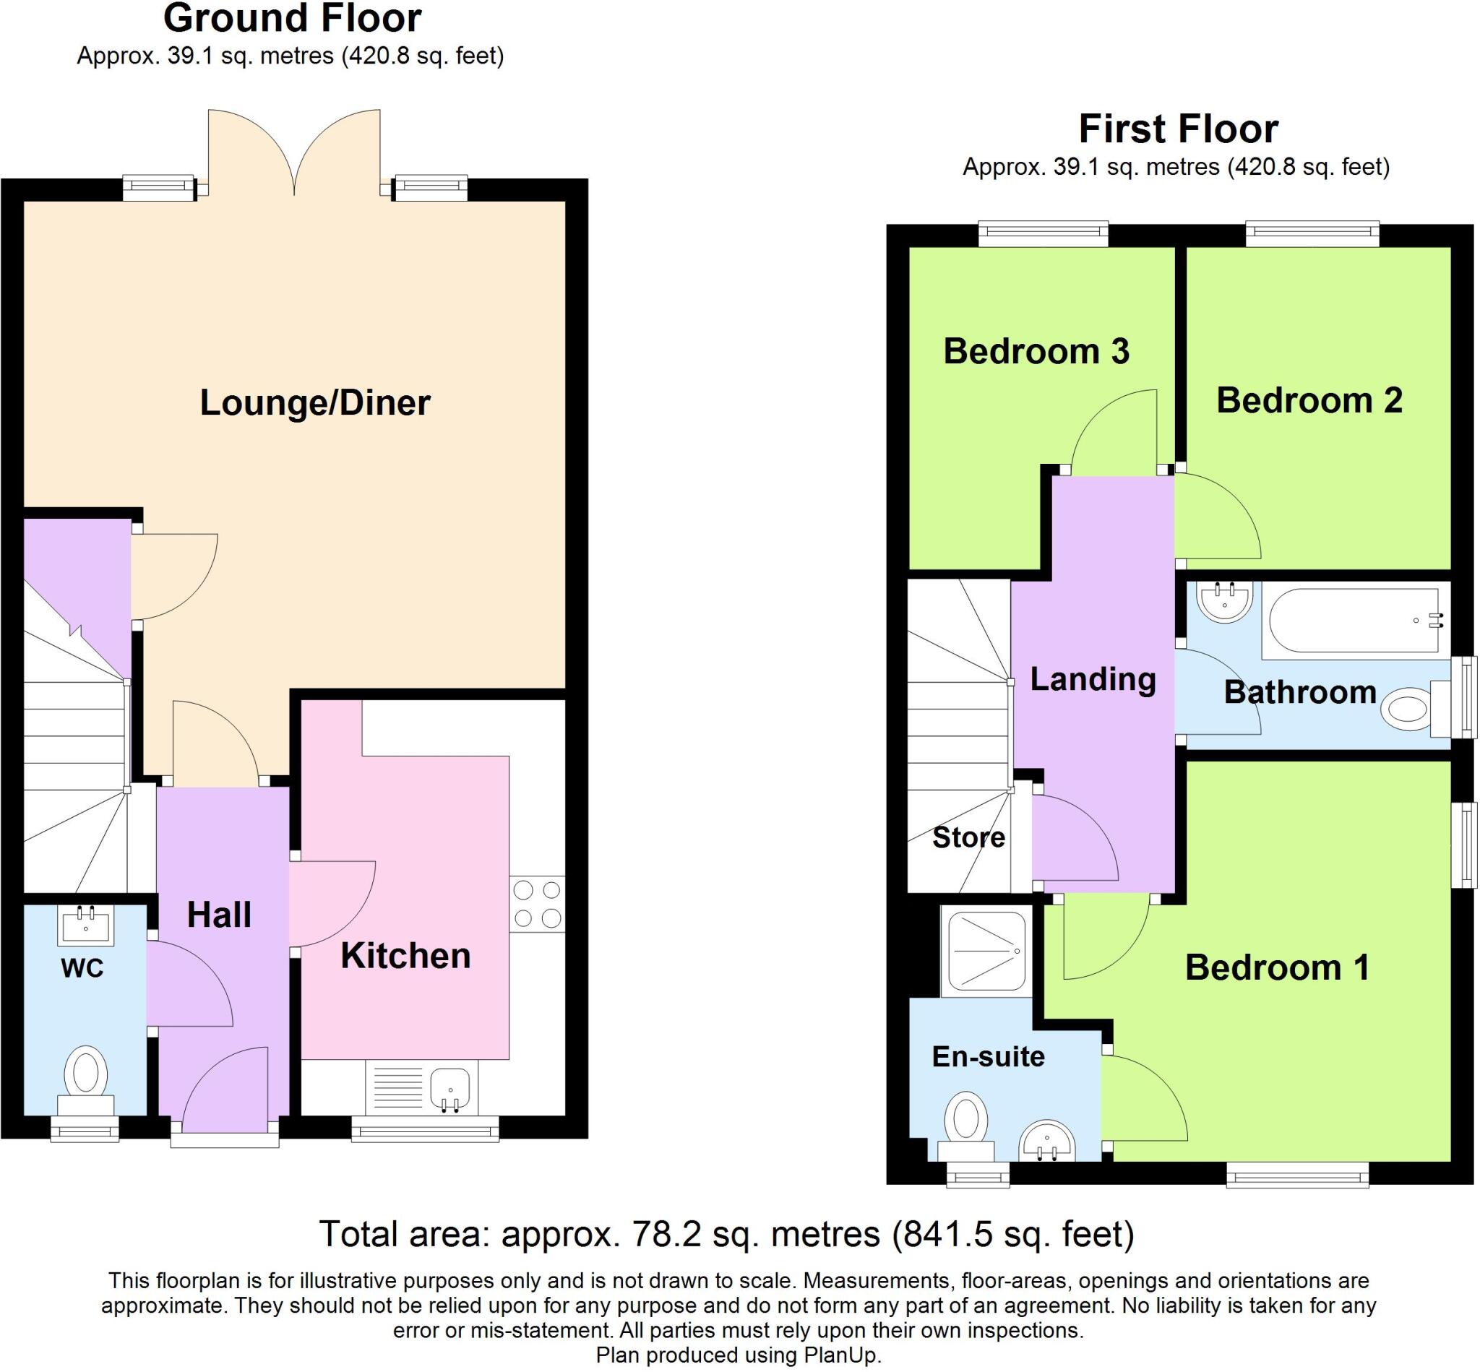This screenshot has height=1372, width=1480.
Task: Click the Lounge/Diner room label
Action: (x=315, y=403)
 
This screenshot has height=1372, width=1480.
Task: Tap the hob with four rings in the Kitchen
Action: (x=537, y=904)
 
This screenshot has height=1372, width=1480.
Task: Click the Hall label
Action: (x=219, y=915)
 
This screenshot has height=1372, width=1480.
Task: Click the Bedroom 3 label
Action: (x=1036, y=351)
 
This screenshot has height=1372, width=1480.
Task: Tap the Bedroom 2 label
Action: (x=1309, y=401)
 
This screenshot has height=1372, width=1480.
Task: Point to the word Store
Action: (x=968, y=837)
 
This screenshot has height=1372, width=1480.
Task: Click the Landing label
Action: (x=1093, y=679)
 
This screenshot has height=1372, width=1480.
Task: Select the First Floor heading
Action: (x=1179, y=129)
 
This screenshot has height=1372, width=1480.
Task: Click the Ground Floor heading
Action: (x=293, y=19)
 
